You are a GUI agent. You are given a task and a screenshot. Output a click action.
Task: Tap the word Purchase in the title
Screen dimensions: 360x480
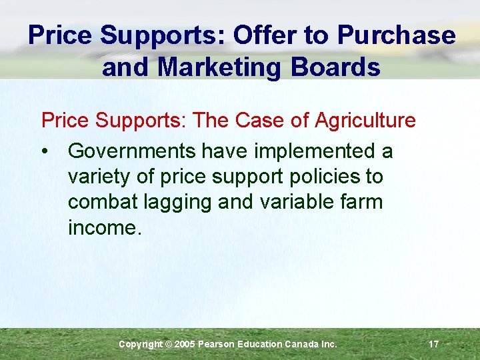(397, 35)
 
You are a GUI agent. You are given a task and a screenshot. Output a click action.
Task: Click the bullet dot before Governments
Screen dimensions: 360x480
(45, 152)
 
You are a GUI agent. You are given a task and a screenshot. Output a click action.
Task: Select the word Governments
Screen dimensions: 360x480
(132, 151)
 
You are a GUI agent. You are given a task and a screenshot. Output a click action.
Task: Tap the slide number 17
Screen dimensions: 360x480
(433, 344)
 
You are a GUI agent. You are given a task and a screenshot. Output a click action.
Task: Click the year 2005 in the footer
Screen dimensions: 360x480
(185, 344)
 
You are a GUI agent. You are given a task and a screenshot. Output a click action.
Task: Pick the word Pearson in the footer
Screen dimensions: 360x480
(218, 344)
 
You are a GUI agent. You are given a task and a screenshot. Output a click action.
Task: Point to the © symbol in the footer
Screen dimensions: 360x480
(168, 344)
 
